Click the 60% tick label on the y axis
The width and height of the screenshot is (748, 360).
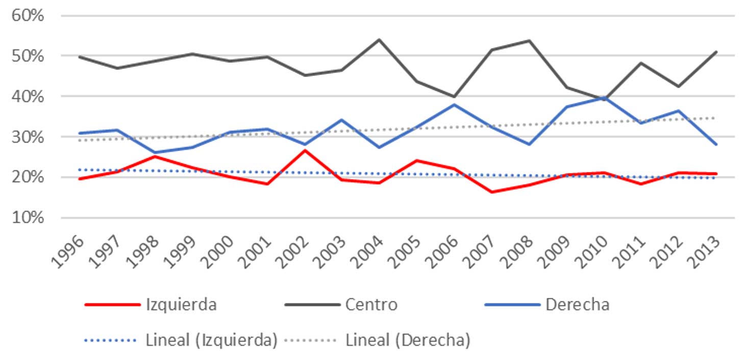(29, 15)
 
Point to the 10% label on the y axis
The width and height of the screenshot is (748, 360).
(29, 218)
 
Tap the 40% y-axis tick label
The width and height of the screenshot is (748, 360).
(29, 96)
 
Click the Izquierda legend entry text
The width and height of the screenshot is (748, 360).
(181, 305)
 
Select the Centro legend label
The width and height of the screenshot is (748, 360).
(371, 305)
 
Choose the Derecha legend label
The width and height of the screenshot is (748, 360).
(577, 305)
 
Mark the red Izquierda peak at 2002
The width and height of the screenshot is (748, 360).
(305, 150)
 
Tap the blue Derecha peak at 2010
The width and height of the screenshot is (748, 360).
(604, 97)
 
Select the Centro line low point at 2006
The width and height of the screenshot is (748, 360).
(454, 96)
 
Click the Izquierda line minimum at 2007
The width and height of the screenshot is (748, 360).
(491, 192)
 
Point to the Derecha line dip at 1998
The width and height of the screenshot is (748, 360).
(155, 152)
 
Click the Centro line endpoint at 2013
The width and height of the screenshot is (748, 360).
(716, 52)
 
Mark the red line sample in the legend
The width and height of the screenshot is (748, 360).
(112, 305)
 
